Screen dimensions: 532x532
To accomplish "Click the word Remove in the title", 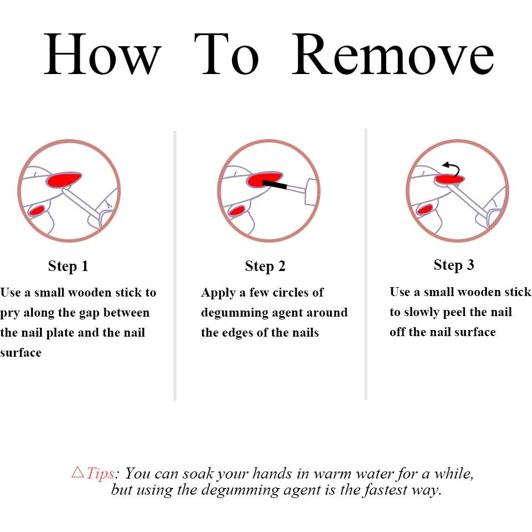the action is (393, 55).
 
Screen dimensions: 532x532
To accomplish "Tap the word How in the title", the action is (102, 55).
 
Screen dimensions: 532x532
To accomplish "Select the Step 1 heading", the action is (68, 265).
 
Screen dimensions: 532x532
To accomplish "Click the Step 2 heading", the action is (265, 266).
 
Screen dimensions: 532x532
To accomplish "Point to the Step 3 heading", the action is (454, 265).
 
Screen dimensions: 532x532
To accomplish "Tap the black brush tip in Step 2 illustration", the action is (274, 185).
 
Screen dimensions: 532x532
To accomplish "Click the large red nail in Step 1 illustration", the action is (64, 180).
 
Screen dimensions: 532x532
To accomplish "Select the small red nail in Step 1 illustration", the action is (37, 210).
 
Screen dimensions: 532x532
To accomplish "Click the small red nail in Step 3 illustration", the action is (425, 209).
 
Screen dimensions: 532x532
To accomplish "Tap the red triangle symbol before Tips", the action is (78, 472).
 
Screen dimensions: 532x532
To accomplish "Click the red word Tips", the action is (100, 473).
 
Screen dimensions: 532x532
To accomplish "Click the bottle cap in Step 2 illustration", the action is (311, 191).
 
